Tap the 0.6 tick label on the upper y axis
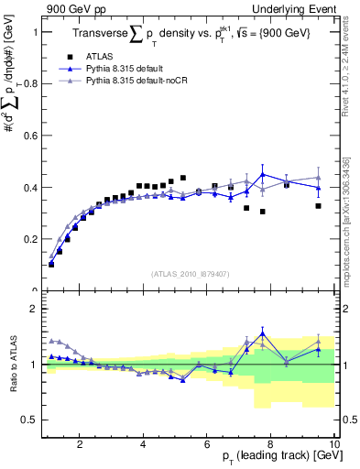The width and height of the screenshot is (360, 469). coord(32,136)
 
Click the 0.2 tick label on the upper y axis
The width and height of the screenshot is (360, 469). coord(32,239)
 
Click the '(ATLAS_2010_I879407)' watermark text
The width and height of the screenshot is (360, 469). coord(190,274)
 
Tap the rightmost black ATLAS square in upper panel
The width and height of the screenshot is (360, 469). coord(318,206)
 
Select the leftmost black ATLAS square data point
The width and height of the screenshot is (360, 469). coord(51,264)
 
